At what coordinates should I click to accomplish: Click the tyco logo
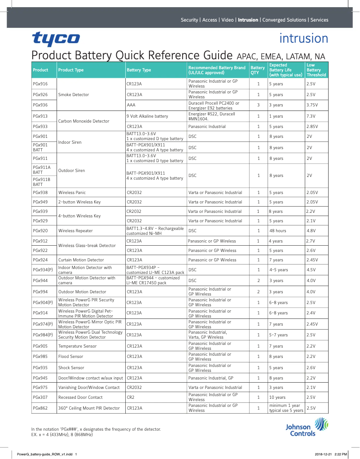pos(56,40)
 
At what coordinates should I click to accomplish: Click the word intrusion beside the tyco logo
pos(303,39)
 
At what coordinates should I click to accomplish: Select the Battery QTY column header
pos(257,70)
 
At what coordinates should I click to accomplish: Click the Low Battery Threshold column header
pos(316,70)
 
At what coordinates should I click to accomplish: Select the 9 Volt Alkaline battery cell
pos(147,116)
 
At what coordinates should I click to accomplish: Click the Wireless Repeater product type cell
pos(75,231)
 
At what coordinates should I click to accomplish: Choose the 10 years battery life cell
pos(277,397)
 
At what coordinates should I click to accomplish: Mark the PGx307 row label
pos(40,397)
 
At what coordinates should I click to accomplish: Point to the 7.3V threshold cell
pos(311,116)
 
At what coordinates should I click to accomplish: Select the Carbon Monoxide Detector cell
pos(83,121)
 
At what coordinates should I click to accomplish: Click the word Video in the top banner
pos(228,20)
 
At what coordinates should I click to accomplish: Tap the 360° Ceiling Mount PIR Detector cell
pos(89,408)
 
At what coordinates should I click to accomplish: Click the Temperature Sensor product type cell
pos(77,346)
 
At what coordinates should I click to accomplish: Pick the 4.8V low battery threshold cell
pos(311,231)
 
